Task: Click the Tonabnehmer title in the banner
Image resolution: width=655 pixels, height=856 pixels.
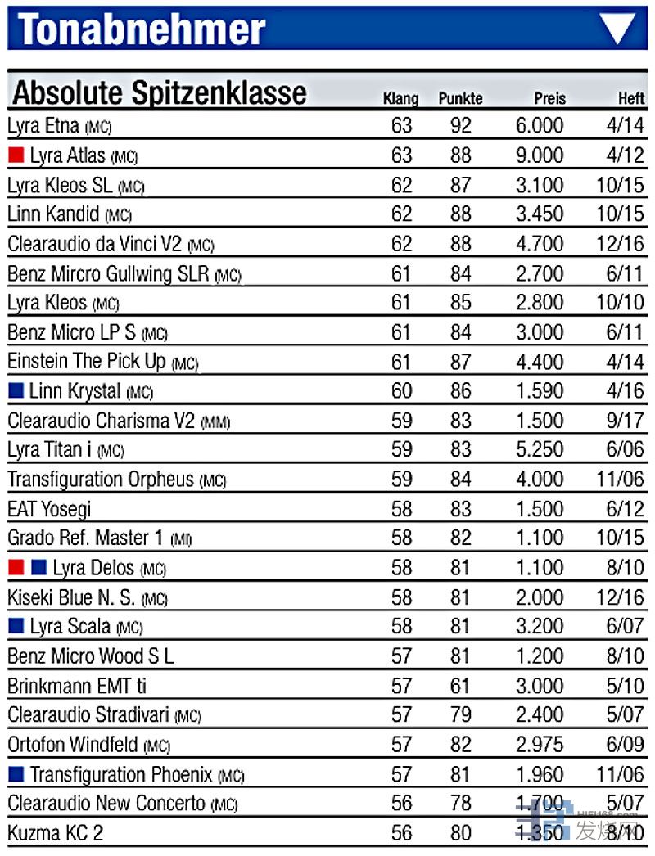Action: click(x=142, y=29)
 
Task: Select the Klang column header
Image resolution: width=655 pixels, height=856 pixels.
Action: click(x=400, y=99)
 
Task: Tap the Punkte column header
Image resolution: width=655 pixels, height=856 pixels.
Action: click(x=460, y=99)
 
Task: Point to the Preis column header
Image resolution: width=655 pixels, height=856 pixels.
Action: click(x=549, y=99)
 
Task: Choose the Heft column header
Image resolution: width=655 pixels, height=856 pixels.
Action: click(x=630, y=99)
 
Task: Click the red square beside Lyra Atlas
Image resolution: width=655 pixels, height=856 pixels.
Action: click(x=16, y=155)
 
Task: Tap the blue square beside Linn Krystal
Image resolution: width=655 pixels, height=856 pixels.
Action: click(x=16, y=391)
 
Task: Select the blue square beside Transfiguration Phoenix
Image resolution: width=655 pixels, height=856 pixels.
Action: click(x=16, y=774)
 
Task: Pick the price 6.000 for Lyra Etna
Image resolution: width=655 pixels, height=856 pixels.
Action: click(x=540, y=126)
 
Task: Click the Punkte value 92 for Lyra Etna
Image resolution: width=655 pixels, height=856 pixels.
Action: click(x=460, y=126)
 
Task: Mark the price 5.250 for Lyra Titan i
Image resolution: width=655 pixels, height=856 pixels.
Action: click(x=540, y=450)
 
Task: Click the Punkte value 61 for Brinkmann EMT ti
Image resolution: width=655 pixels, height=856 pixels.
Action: click(x=460, y=686)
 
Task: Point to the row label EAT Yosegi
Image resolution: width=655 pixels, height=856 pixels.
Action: click(x=49, y=509)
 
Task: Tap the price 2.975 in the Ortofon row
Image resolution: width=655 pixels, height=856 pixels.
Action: click(x=540, y=745)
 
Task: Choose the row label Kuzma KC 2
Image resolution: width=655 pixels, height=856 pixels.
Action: click(x=55, y=833)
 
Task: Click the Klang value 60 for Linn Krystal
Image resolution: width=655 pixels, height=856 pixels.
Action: click(x=401, y=391)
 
